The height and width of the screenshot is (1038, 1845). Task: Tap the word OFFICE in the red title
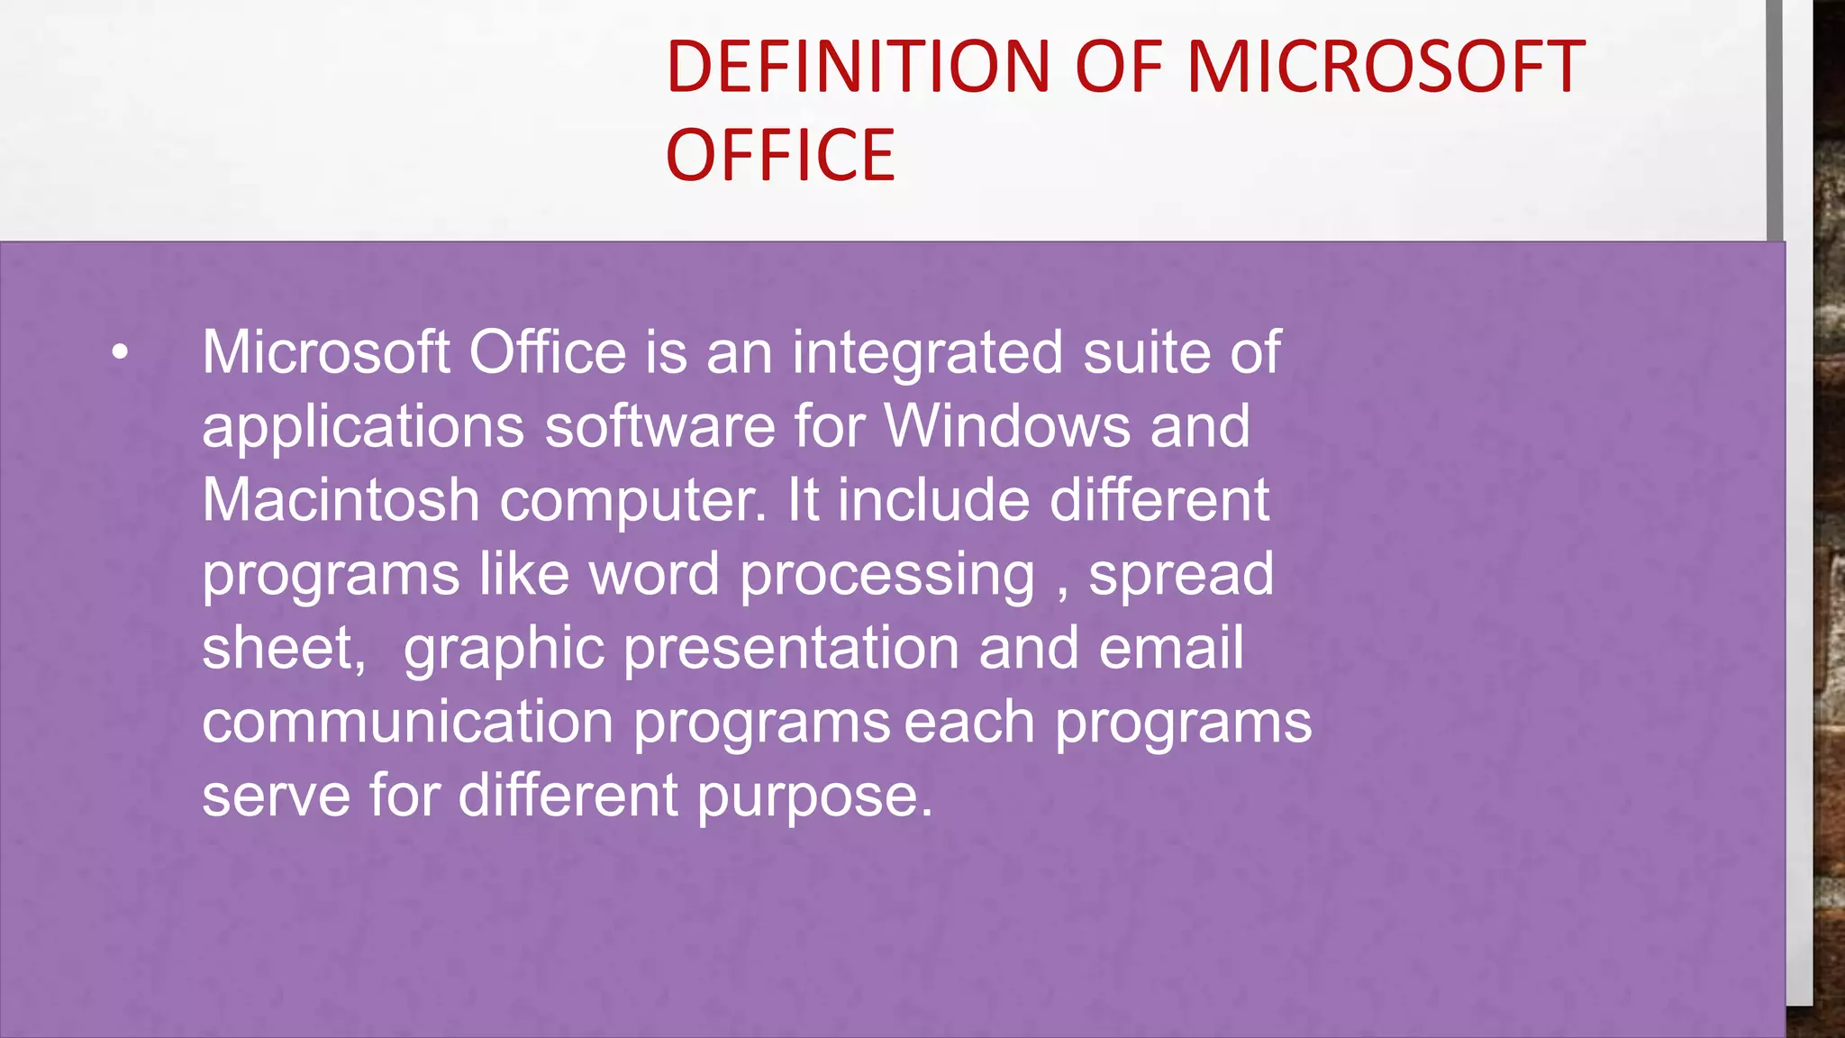tap(780, 155)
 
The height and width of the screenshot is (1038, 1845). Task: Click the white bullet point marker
tap(121, 353)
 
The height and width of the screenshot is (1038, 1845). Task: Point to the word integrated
tap(928, 352)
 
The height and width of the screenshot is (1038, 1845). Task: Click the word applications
tap(363, 426)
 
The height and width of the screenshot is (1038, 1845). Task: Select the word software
tap(660, 426)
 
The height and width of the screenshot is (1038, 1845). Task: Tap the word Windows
tap(1007, 426)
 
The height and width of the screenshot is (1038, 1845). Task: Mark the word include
tap(933, 500)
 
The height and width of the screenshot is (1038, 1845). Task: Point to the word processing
tap(887, 576)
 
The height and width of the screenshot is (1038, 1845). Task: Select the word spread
tap(1181, 574)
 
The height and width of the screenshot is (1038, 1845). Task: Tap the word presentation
tap(791, 650)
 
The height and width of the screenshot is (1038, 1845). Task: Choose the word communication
tap(408, 722)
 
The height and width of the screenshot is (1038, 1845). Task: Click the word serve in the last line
tap(277, 796)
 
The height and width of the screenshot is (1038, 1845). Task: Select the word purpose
tap(814, 797)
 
